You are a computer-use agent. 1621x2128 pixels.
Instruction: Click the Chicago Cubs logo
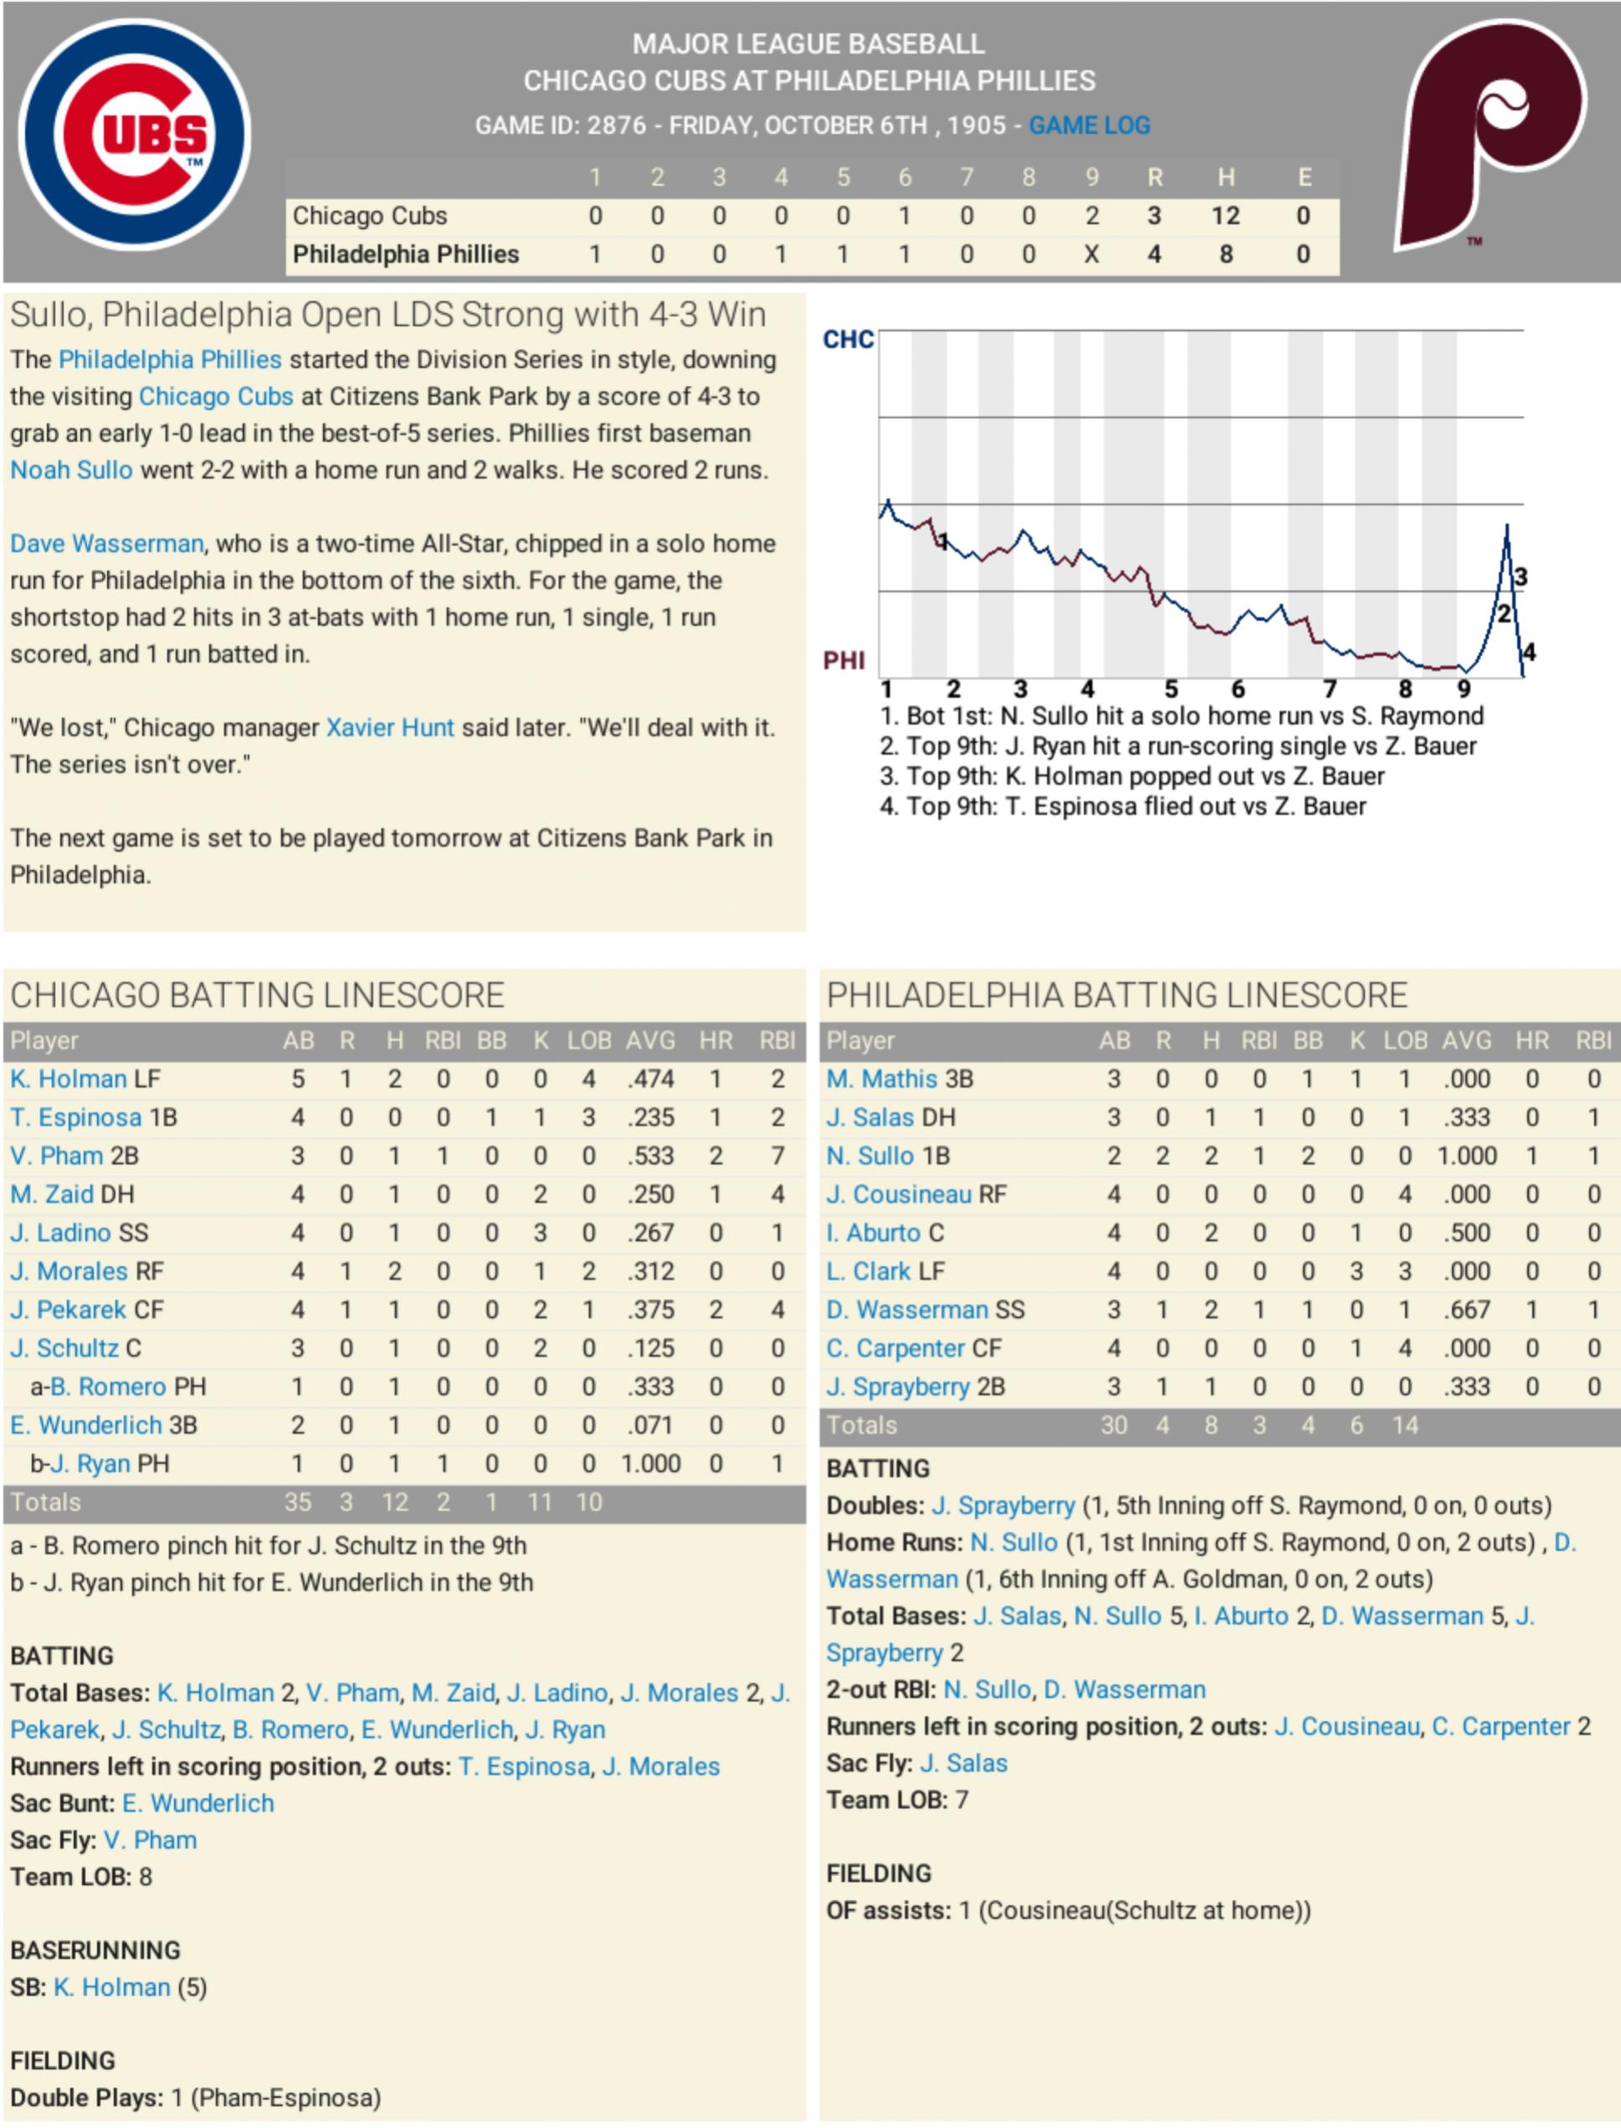pyautogui.click(x=134, y=134)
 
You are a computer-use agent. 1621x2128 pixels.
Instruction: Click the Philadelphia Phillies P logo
pyautogui.click(x=1489, y=134)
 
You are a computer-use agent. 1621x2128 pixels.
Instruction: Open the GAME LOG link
pyautogui.click(x=1090, y=126)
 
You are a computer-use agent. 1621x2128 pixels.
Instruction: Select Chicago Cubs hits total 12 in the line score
pyautogui.click(x=1225, y=216)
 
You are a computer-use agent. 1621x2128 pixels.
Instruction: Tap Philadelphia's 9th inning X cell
pyautogui.click(x=1091, y=254)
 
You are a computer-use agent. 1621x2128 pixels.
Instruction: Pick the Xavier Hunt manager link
pyautogui.click(x=390, y=728)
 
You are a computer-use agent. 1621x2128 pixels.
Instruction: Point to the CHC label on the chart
pyautogui.click(x=848, y=340)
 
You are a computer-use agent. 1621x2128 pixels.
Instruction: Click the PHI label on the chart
pyautogui.click(x=844, y=661)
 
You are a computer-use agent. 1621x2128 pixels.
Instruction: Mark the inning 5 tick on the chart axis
pyautogui.click(x=1171, y=689)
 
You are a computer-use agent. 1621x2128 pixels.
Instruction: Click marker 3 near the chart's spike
pyautogui.click(x=1521, y=577)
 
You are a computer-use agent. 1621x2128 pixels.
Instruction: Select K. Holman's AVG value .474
pyautogui.click(x=651, y=1079)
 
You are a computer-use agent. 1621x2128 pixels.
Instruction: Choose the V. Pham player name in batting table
pyautogui.click(x=57, y=1156)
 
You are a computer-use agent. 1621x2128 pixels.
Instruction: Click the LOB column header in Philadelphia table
pyautogui.click(x=1405, y=1041)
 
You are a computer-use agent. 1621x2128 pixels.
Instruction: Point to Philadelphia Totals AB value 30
pyautogui.click(x=1114, y=1426)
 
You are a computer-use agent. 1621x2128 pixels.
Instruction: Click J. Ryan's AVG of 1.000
pyautogui.click(x=651, y=1464)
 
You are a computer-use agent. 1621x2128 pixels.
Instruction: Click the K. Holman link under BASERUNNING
pyautogui.click(x=112, y=1987)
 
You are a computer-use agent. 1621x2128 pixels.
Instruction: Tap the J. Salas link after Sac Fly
pyautogui.click(x=963, y=1763)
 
